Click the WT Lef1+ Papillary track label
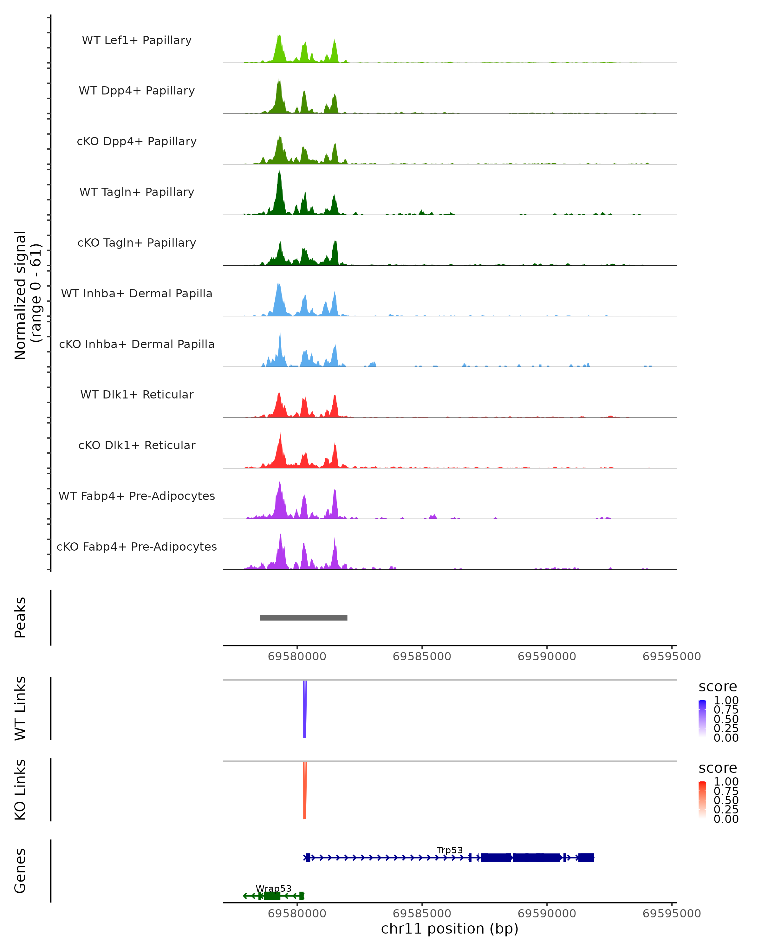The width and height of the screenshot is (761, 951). tap(137, 40)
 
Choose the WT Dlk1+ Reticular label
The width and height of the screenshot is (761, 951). tap(137, 394)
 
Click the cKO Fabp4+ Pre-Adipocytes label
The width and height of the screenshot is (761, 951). tap(137, 547)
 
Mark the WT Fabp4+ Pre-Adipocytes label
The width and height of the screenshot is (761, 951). tap(137, 496)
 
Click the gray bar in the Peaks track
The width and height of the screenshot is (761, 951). tap(303, 618)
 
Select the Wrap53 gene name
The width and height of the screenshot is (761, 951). tap(274, 888)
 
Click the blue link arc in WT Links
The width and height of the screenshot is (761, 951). tap(304, 710)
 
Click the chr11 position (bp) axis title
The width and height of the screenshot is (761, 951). tap(450, 928)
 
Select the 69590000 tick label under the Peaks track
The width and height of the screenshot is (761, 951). tap(547, 657)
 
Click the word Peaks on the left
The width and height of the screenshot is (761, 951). tap(20, 618)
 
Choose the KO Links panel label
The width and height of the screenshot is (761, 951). tap(20, 790)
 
